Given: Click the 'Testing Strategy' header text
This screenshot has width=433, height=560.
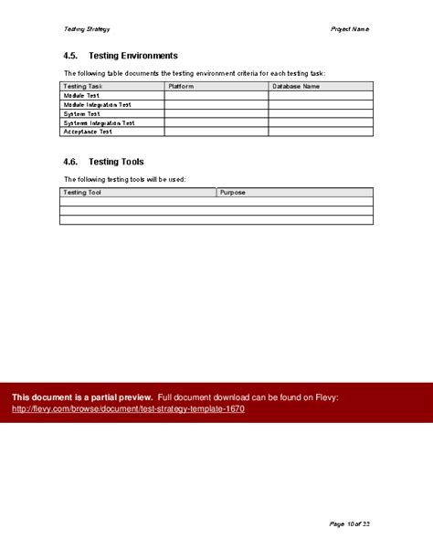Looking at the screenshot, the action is tap(79, 29).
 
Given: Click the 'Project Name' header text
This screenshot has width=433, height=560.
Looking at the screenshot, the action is tap(350, 29).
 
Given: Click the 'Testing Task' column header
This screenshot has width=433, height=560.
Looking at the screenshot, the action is tap(82, 86).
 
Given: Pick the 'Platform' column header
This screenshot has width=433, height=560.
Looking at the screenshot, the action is tap(182, 86).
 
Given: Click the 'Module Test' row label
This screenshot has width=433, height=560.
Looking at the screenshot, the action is tap(83, 95).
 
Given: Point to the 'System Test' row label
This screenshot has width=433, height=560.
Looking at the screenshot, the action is tap(82, 113).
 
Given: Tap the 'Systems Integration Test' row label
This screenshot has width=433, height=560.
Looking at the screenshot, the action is tap(99, 122).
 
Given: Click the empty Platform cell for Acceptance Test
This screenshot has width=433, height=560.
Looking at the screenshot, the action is tap(216, 132).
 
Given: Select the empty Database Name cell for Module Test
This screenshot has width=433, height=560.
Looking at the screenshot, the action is tap(320, 95).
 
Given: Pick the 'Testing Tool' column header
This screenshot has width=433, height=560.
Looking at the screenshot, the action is tap(82, 193).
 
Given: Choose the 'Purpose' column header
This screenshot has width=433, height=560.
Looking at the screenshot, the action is tap(233, 193).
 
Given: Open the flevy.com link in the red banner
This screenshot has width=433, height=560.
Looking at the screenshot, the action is tap(128, 408).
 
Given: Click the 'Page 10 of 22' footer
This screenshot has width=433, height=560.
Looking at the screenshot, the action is tap(350, 523).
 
